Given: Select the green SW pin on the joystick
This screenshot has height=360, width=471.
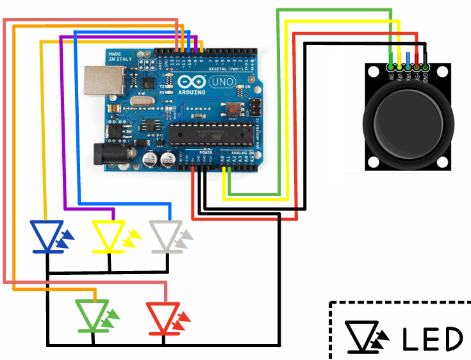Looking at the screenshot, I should point(390,65).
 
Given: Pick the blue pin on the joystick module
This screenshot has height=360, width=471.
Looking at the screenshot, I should point(408,65).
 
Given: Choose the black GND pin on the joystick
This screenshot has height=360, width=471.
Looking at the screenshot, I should point(424,65).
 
